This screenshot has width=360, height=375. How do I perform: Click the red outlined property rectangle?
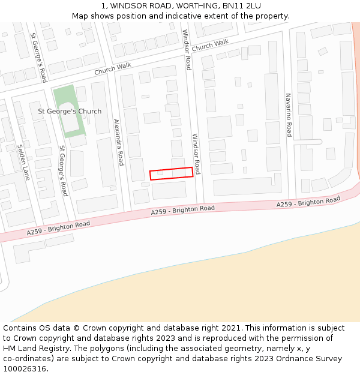(172, 173)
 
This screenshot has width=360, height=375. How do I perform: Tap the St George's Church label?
(70, 111)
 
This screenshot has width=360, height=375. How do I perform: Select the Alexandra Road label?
(119, 142)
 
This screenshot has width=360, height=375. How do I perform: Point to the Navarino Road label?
(289, 115)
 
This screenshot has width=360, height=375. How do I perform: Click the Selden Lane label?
(23, 162)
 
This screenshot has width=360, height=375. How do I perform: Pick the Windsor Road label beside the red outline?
(196, 154)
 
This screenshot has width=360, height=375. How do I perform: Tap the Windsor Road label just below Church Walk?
(187, 50)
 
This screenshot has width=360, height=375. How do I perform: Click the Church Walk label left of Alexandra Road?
(112, 69)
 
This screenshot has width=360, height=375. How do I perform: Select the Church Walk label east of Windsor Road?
(211, 46)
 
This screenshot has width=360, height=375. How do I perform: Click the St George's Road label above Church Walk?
(38, 57)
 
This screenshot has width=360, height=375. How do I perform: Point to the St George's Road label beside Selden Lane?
(63, 170)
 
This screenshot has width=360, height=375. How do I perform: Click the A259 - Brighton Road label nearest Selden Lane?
(58, 228)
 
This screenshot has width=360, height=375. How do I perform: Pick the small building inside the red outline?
(160, 173)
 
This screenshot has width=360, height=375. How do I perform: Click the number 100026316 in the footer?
(25, 369)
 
